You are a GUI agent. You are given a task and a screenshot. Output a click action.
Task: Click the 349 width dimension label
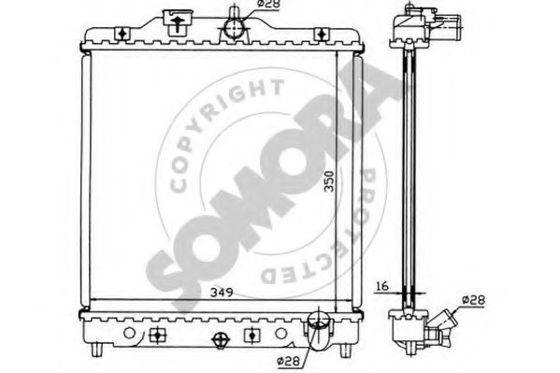coord(222,293)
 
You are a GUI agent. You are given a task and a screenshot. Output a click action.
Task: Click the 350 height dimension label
coord(329,181)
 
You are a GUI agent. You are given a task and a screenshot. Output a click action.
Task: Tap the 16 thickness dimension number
coord(382,286)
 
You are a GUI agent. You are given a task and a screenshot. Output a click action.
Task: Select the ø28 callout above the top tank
coord(268,4)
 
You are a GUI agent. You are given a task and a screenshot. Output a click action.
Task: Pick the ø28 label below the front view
coord(288,361)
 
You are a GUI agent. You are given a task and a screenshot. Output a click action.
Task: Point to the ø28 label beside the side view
coord(474,300)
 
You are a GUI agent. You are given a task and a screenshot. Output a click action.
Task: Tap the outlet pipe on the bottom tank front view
coord(319,331)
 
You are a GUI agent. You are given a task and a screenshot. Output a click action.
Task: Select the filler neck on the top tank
coord(177,22)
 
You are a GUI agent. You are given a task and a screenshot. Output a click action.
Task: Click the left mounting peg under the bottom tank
coord(97,350)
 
